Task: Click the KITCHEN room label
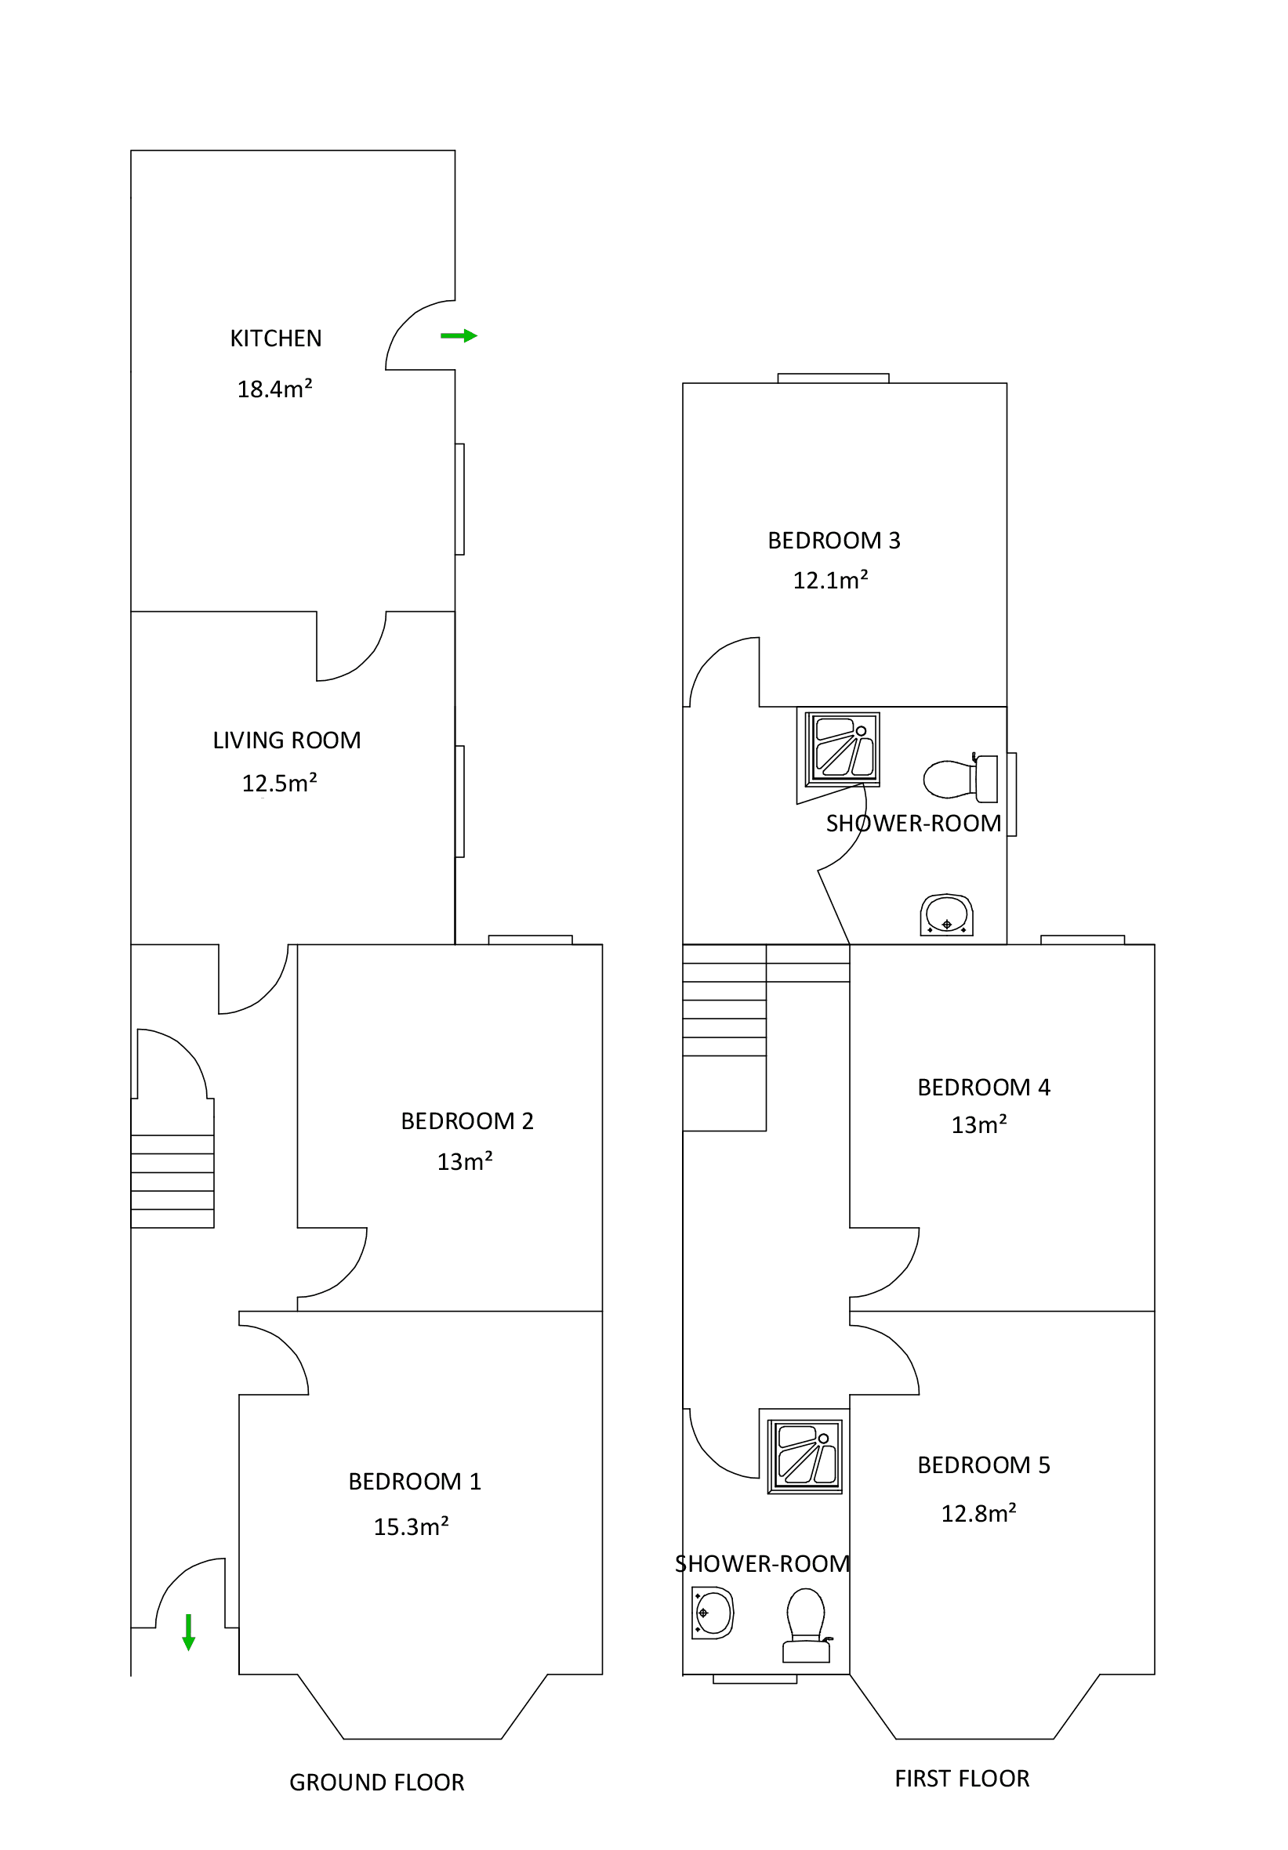point(276,339)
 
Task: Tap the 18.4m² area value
point(274,389)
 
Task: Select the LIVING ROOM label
point(286,740)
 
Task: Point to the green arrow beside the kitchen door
point(459,336)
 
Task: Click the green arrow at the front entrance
point(189,1631)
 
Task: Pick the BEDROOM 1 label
point(414,1481)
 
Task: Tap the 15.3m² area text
point(410,1526)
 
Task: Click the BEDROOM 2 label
point(466,1120)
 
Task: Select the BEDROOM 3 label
point(833,541)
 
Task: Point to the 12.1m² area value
point(830,580)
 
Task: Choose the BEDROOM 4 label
point(983,1088)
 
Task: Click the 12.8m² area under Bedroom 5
point(978,1513)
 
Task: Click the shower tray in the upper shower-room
point(842,748)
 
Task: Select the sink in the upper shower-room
point(946,914)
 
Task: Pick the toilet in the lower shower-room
point(805,1624)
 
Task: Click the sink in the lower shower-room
point(713,1613)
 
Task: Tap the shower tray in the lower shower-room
point(804,1457)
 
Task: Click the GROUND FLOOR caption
point(376,1783)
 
